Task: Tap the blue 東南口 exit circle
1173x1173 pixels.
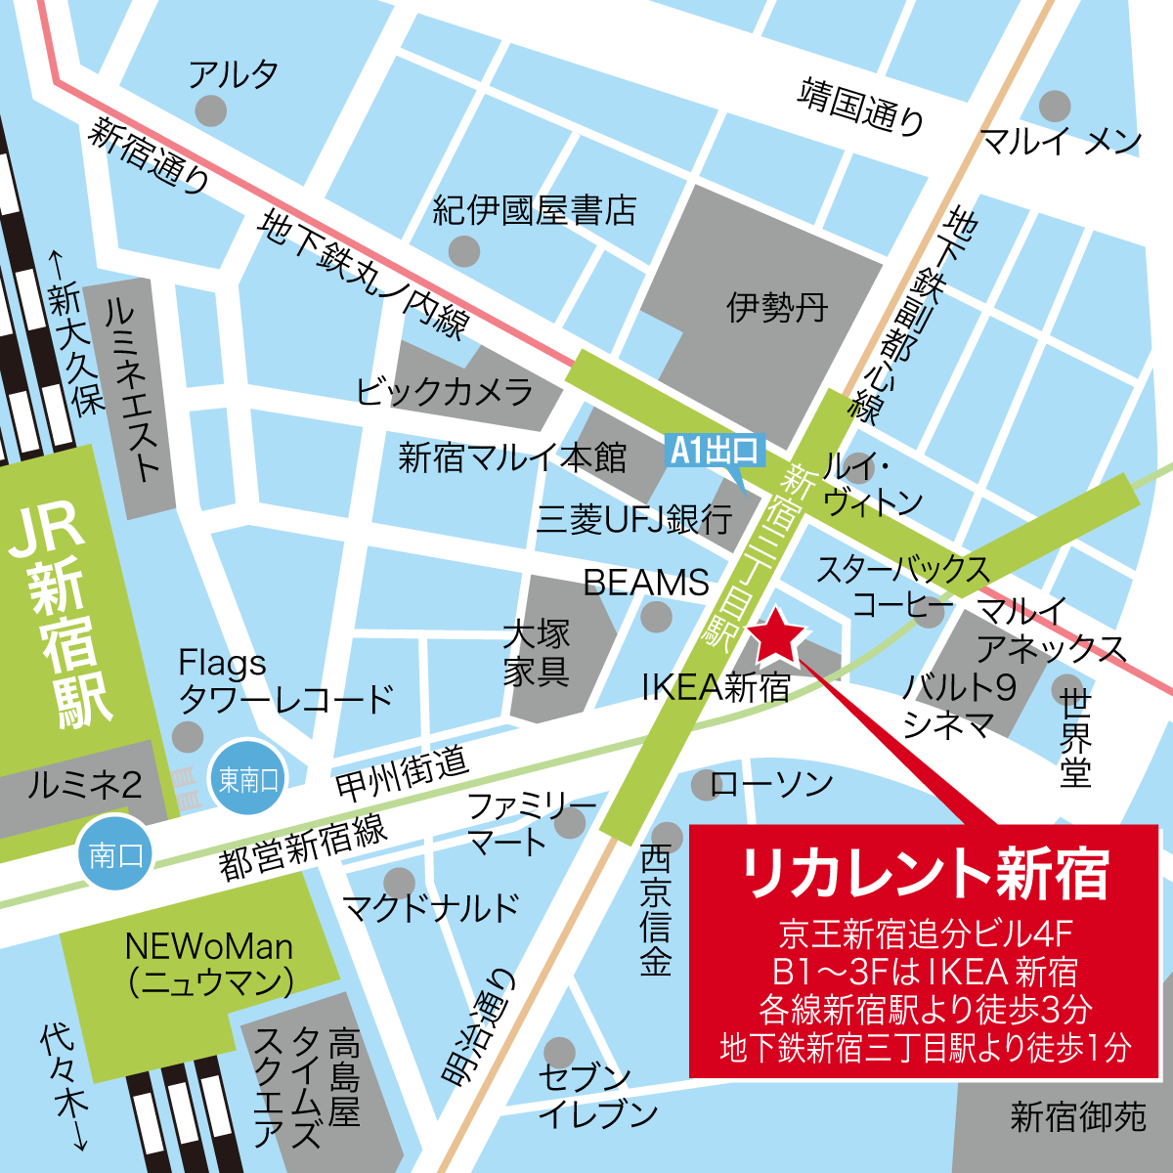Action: coord(248,779)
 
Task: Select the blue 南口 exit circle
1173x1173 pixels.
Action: coord(116,855)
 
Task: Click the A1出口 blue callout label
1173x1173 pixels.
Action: coord(716,451)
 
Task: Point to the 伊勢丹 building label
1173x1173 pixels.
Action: coord(777,308)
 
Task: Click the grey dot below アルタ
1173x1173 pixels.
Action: coord(210,109)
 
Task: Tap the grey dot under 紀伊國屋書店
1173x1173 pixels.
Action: coord(465,251)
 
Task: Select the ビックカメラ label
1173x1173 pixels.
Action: coord(445,391)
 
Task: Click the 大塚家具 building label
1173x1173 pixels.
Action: coord(537,654)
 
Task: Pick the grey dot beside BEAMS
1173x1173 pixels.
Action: coord(656,617)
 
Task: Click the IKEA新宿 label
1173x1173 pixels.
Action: coord(716,687)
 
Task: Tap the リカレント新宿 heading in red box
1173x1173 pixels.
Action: coord(925,873)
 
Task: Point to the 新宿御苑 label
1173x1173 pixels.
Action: coord(1077,1115)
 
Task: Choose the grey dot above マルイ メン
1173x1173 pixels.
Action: coord(1055,105)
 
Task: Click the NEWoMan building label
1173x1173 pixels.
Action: coord(209,963)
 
